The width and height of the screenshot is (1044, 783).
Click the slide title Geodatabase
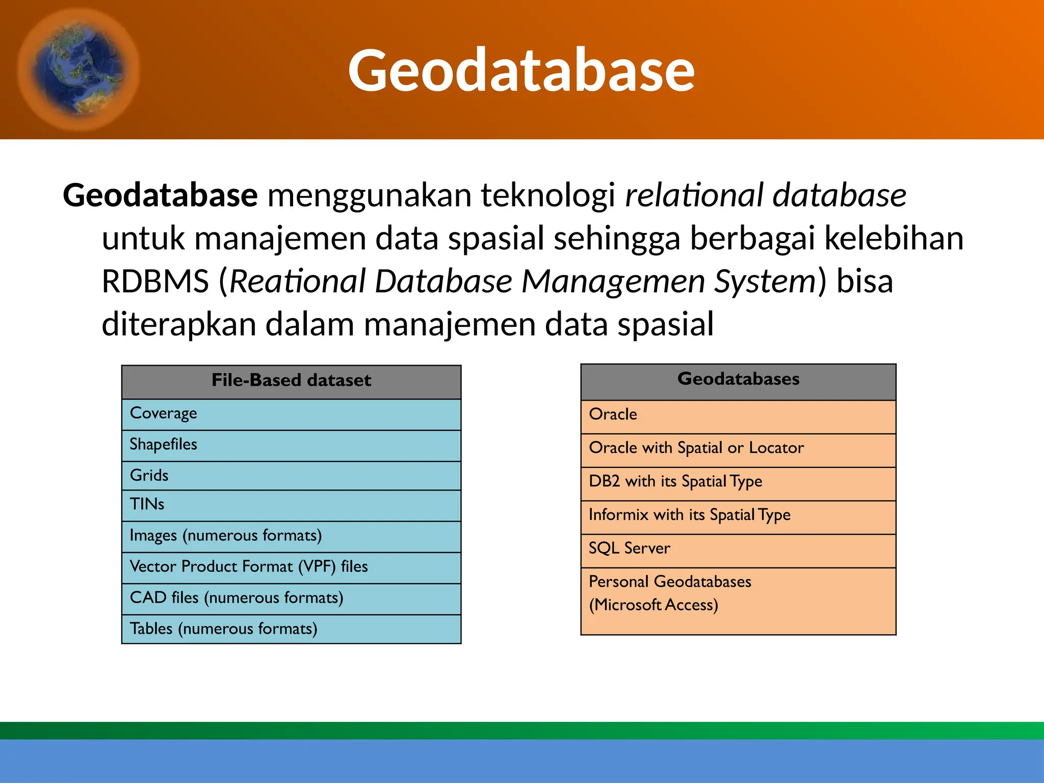[x=521, y=70]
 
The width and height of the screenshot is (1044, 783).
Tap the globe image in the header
[x=77, y=69]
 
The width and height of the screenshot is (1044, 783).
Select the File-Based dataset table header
[x=291, y=381]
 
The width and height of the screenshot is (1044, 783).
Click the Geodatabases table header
[x=738, y=379]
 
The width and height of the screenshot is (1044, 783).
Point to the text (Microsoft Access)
[x=654, y=605]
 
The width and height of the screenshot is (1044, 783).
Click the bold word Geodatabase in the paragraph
[x=160, y=195]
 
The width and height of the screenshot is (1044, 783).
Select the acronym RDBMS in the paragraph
[x=155, y=281]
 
